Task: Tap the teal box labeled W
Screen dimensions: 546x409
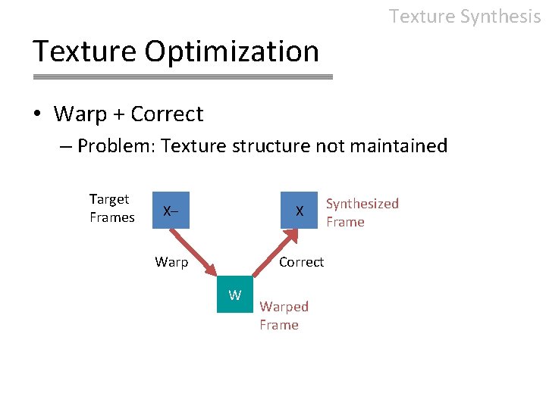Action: (235, 295)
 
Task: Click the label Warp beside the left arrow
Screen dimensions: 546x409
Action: (171, 262)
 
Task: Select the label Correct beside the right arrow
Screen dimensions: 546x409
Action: (301, 262)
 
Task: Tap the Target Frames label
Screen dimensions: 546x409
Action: (111, 208)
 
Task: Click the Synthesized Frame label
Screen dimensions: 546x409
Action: (362, 213)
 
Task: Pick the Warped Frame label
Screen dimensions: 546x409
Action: (284, 316)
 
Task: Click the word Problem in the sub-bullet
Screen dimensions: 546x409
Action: (113, 145)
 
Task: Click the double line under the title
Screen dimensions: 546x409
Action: (183, 76)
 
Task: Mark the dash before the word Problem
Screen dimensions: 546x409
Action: (65, 146)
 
